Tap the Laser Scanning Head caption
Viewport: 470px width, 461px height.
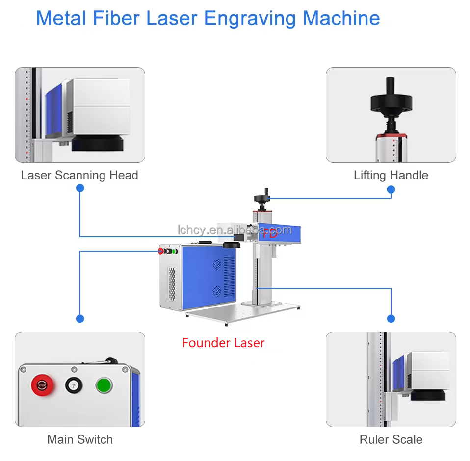point(79,175)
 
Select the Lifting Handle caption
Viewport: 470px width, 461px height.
point(391,175)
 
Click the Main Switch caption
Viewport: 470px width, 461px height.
point(80,439)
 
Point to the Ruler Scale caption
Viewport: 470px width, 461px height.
point(391,439)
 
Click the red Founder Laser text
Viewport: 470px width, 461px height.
point(223,343)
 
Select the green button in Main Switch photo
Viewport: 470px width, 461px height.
point(104,385)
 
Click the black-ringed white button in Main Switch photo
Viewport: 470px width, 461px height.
point(73,385)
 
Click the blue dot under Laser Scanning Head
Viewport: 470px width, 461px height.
point(80,188)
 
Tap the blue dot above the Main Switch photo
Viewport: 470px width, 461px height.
point(80,319)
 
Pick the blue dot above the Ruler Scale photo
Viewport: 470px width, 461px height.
point(391,319)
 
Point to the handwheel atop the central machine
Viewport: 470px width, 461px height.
point(261,198)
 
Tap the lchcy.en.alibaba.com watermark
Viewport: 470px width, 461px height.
point(235,229)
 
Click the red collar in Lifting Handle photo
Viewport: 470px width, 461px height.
point(391,134)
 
